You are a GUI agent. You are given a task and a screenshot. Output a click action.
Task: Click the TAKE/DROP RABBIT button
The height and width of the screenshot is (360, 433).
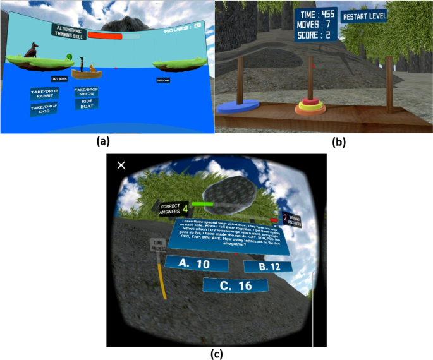pos(44,94)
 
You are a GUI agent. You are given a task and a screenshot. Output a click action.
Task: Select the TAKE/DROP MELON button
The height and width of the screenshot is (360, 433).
pos(87,92)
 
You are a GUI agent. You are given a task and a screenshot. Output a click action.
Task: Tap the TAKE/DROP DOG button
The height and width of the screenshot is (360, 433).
pos(44,109)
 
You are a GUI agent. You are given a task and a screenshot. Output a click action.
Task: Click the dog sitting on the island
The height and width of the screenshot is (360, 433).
pos(32,50)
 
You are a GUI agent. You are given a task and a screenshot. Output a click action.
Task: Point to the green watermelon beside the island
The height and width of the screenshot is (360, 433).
pos(67,57)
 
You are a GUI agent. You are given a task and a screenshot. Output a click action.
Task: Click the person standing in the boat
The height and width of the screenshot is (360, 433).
pos(82,64)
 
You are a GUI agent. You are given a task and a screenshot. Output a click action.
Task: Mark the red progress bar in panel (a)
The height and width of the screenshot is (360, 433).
pos(105,36)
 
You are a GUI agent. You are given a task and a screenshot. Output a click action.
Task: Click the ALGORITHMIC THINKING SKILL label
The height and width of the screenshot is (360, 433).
pos(68,32)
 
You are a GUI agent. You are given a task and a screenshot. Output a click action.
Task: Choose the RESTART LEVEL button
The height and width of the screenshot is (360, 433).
pos(364,16)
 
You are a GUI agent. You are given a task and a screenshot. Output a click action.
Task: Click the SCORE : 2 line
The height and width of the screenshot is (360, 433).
pos(315,35)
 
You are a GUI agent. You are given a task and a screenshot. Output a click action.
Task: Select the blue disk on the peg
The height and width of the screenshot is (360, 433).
pos(238,107)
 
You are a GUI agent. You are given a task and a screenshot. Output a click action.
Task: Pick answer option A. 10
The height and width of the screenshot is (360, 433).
pos(195,262)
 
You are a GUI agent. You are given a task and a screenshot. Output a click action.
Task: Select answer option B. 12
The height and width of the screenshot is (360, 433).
pos(267,267)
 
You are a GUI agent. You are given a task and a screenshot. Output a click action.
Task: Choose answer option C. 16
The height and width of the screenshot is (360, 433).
pos(235,285)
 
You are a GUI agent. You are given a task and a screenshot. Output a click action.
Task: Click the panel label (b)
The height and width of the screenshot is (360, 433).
pos(339,142)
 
